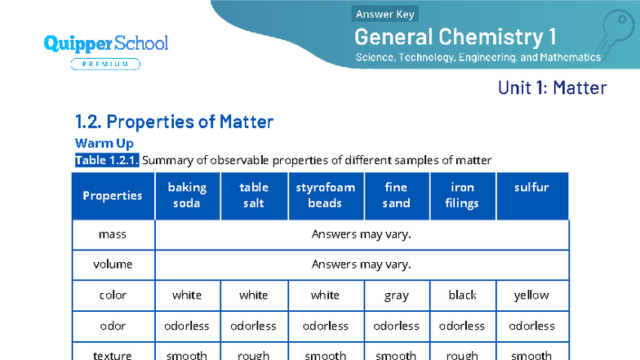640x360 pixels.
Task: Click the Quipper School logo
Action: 106,42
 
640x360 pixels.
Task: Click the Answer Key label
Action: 385,14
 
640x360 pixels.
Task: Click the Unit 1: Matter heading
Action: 552,87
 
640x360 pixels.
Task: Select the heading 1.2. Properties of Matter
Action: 174,122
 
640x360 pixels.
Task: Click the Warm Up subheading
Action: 104,144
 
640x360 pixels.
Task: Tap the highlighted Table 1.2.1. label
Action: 107,160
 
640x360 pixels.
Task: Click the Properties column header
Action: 113,196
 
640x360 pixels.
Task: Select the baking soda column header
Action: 187,195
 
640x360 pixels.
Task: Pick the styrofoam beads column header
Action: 325,195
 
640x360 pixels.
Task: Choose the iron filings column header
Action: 462,195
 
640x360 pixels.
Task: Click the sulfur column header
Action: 531,188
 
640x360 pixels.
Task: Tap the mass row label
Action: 113,234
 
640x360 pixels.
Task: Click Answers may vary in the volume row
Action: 361,264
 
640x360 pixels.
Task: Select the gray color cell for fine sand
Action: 397,296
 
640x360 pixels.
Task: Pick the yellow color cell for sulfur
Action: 531,296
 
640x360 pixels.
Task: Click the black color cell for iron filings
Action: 462,296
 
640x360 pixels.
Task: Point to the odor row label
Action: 113,326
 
